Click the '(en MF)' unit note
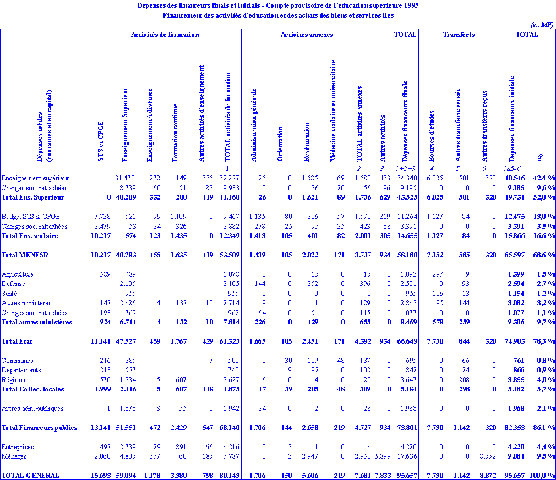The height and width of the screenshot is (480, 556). (542, 25)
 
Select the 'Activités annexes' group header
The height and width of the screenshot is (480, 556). (307, 35)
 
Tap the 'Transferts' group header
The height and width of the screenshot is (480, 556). (459, 35)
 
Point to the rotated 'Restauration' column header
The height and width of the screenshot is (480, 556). (307, 144)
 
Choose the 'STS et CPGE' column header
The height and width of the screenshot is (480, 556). (100, 141)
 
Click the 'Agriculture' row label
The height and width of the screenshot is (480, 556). (18, 274)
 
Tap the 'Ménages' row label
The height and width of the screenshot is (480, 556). (14, 456)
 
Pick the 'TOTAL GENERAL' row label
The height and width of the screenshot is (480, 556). (30, 476)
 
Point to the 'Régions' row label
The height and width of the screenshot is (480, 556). (14, 380)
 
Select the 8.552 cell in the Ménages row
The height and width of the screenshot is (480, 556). (484, 456)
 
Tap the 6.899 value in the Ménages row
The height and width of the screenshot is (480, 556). (382, 456)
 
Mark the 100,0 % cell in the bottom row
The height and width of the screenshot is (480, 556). (543, 476)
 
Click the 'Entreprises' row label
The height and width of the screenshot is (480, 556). (18, 447)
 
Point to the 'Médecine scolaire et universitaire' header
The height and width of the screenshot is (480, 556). (333, 111)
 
